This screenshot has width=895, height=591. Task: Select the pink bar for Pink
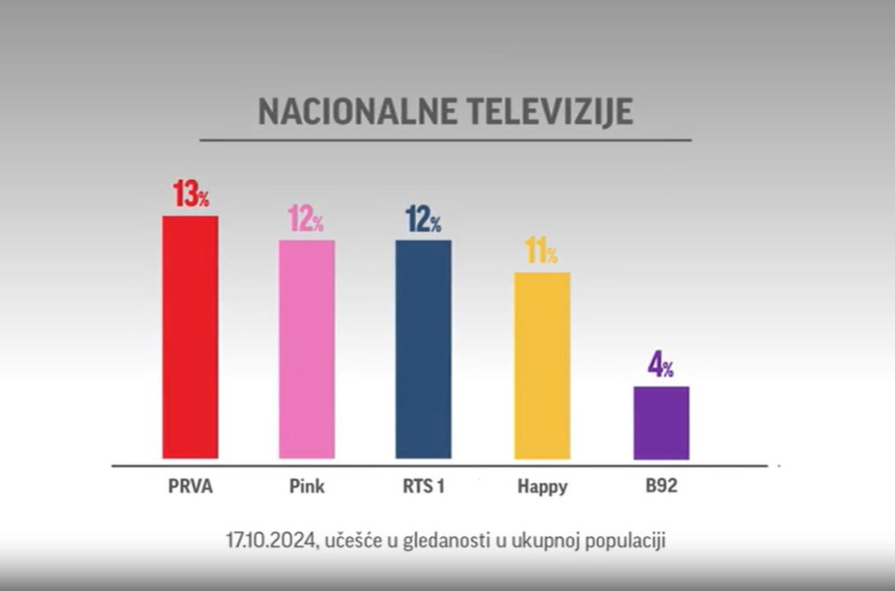click(306, 349)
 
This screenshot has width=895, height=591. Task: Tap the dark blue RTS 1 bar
click(423, 349)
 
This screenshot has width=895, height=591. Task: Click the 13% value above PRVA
click(191, 194)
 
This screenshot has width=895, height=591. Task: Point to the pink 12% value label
click(305, 218)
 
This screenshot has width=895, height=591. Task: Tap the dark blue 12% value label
click(423, 218)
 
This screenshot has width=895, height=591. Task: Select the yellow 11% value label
click(541, 251)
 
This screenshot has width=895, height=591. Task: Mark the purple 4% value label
click(661, 365)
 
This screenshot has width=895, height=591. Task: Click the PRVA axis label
click(190, 488)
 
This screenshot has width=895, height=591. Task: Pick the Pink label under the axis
click(307, 488)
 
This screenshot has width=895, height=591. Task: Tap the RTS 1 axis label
click(423, 488)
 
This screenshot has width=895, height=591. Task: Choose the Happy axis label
click(542, 489)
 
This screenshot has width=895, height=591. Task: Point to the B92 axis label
click(661, 488)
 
